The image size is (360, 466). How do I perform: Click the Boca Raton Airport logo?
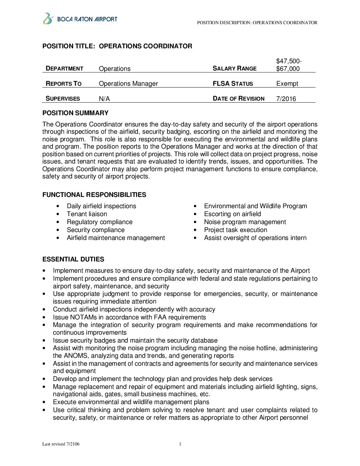pyautogui.click(x=80, y=19)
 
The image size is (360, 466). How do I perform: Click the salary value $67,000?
pyautogui.click(x=288, y=69)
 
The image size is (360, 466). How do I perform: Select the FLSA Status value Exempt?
pyautogui.click(x=287, y=84)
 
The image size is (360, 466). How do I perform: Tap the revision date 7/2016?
pyautogui.click(x=286, y=99)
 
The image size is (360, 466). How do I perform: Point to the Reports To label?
pyautogui.click(x=64, y=84)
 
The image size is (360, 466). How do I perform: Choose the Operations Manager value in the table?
pyautogui.click(x=128, y=84)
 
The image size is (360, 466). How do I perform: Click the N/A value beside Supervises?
pyautogui.click(x=104, y=99)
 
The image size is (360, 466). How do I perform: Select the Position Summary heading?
pyautogui.click(x=75, y=113)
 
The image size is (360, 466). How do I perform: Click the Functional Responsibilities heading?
pyautogui.click(x=94, y=195)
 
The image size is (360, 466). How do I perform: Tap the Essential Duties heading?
pyautogui.click(x=73, y=259)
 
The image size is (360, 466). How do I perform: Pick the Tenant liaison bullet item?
pyautogui.click(x=87, y=214)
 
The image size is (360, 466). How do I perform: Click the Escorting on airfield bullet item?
pyautogui.click(x=233, y=214)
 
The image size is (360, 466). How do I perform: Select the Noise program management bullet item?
pyautogui.click(x=245, y=222)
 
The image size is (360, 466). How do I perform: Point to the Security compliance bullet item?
pyautogui.click(x=96, y=230)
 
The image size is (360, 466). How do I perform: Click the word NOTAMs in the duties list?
pyautogui.click(x=84, y=317)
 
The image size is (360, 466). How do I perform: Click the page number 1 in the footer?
pyautogui.click(x=180, y=444)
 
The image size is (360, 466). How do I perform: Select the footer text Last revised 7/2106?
pyautogui.click(x=61, y=444)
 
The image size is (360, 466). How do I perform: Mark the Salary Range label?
pyautogui.click(x=235, y=69)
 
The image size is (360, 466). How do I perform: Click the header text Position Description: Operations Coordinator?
pyautogui.click(x=257, y=23)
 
